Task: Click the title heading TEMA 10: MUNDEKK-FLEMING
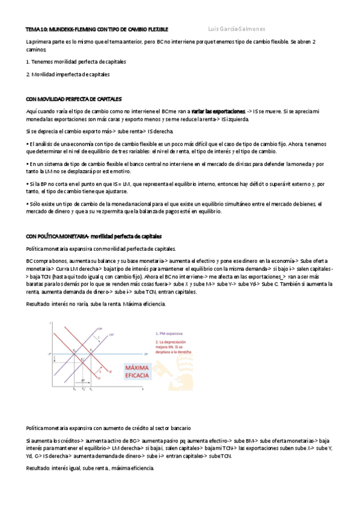[97, 29]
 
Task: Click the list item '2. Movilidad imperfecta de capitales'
[68, 75]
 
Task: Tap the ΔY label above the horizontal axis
[82, 381]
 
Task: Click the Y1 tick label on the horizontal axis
[91, 390]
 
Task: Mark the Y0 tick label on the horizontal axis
[75, 390]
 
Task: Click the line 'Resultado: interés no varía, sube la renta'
[96, 304]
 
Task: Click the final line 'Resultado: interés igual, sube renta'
[90, 469]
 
